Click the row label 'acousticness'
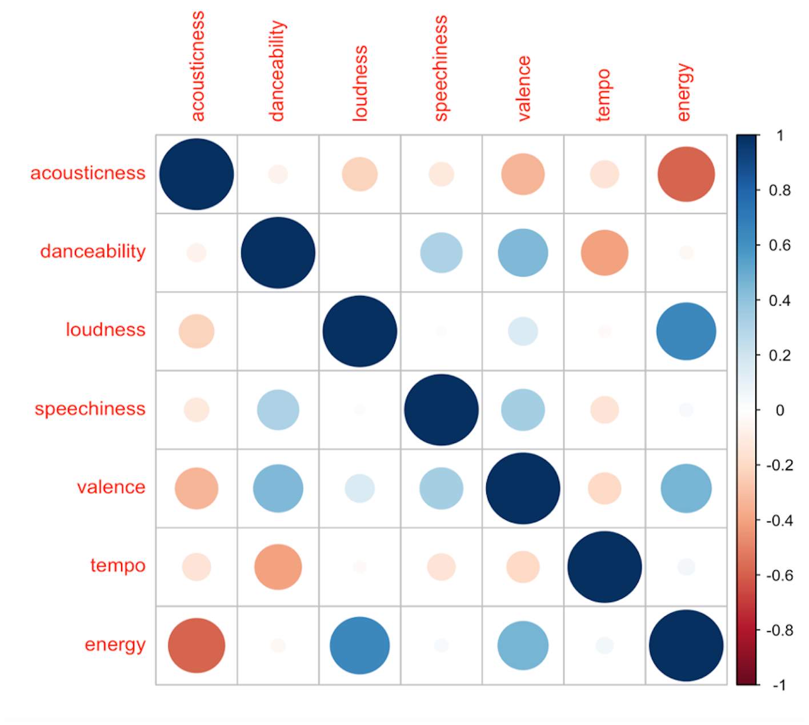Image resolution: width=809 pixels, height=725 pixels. pyautogui.click(x=88, y=173)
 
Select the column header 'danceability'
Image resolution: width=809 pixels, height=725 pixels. pyautogui.click(x=277, y=71)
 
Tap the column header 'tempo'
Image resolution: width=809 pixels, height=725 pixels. pyautogui.click(x=603, y=95)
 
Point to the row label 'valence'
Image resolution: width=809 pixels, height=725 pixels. pyautogui.click(x=111, y=487)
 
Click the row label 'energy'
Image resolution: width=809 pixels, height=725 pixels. pyautogui.click(x=115, y=644)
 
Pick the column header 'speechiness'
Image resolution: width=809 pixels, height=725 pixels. pyautogui.click(x=440, y=68)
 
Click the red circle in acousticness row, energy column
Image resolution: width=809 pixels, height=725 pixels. pyautogui.click(x=686, y=174)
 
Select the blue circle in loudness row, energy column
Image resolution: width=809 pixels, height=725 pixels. pyautogui.click(x=686, y=331)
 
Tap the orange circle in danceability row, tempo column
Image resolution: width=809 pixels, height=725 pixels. pyautogui.click(x=604, y=253)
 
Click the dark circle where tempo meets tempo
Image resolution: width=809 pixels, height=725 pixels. pyautogui.click(x=604, y=567)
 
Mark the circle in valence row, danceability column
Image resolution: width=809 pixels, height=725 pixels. pyautogui.click(x=278, y=488)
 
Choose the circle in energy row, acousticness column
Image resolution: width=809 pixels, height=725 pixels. pyautogui.click(x=197, y=646)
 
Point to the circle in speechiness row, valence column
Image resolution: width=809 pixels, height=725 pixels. pyautogui.click(x=523, y=410)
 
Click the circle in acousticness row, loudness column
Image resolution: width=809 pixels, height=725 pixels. pyautogui.click(x=360, y=174)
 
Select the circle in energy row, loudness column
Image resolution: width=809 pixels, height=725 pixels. pyautogui.click(x=360, y=646)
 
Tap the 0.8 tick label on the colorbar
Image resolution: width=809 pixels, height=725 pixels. pyautogui.click(x=780, y=190)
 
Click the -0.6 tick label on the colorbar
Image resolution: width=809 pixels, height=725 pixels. pyautogui.click(x=779, y=575)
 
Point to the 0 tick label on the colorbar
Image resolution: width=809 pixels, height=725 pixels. pyautogui.click(x=780, y=410)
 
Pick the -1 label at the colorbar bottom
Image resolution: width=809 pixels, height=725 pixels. pyautogui.click(x=779, y=685)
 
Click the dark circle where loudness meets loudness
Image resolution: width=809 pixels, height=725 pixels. pyautogui.click(x=360, y=331)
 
